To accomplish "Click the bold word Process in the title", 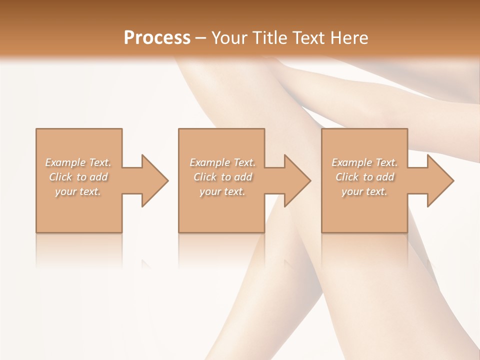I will (157, 38).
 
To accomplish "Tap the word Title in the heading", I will (268, 38).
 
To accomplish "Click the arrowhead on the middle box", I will (297, 180).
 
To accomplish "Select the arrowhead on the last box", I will (440, 180).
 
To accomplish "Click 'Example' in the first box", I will (65, 162).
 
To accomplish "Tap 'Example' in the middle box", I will (209, 162).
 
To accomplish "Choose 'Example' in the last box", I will (351, 162).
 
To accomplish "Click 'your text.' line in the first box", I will (78, 191).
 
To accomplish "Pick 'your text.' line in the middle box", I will (222, 191).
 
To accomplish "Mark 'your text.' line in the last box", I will (364, 191).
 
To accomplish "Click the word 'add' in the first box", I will (99, 177).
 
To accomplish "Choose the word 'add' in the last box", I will (385, 177).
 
